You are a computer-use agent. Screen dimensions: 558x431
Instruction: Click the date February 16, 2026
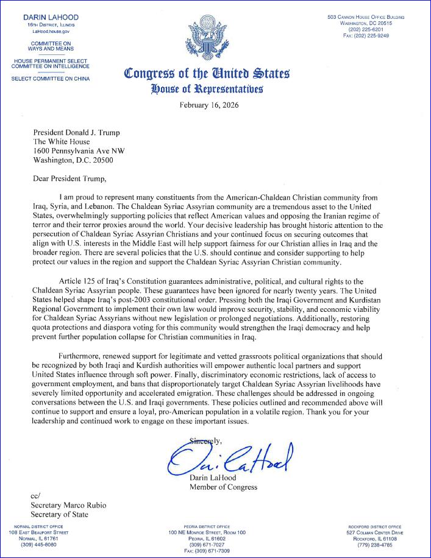[209, 105]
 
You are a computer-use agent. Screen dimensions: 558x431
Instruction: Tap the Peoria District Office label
[207, 526]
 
